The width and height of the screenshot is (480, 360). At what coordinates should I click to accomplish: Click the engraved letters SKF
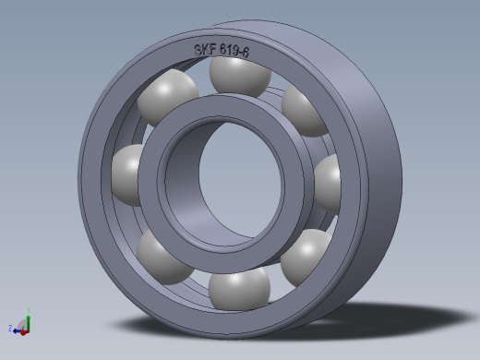point(207,50)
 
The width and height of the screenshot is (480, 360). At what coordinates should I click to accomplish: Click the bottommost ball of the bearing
point(238,289)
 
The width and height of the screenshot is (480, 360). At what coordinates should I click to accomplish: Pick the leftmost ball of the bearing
point(127,173)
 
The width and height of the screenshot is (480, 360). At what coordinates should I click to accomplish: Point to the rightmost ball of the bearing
point(328,181)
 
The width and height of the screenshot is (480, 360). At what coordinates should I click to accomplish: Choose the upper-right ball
point(303,109)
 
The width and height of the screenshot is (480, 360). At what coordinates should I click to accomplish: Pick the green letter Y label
point(29,308)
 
